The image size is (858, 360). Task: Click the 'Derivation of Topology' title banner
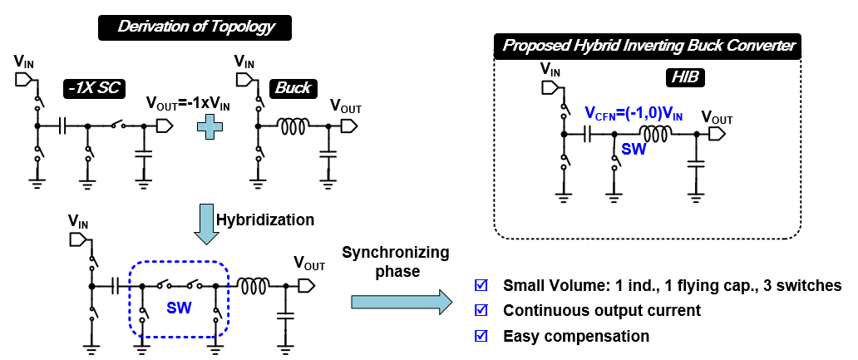(196, 27)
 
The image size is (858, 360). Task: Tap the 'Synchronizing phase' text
(395, 261)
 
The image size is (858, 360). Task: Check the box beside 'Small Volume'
(480, 286)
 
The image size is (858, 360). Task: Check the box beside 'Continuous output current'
(480, 311)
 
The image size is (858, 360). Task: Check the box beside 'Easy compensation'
(480, 336)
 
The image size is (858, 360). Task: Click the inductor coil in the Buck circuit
(293, 126)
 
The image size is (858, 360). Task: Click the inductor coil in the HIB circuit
(655, 135)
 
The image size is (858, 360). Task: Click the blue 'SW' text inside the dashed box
(180, 307)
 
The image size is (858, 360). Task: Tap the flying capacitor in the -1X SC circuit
(62, 126)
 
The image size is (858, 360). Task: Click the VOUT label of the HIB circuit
(717, 119)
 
